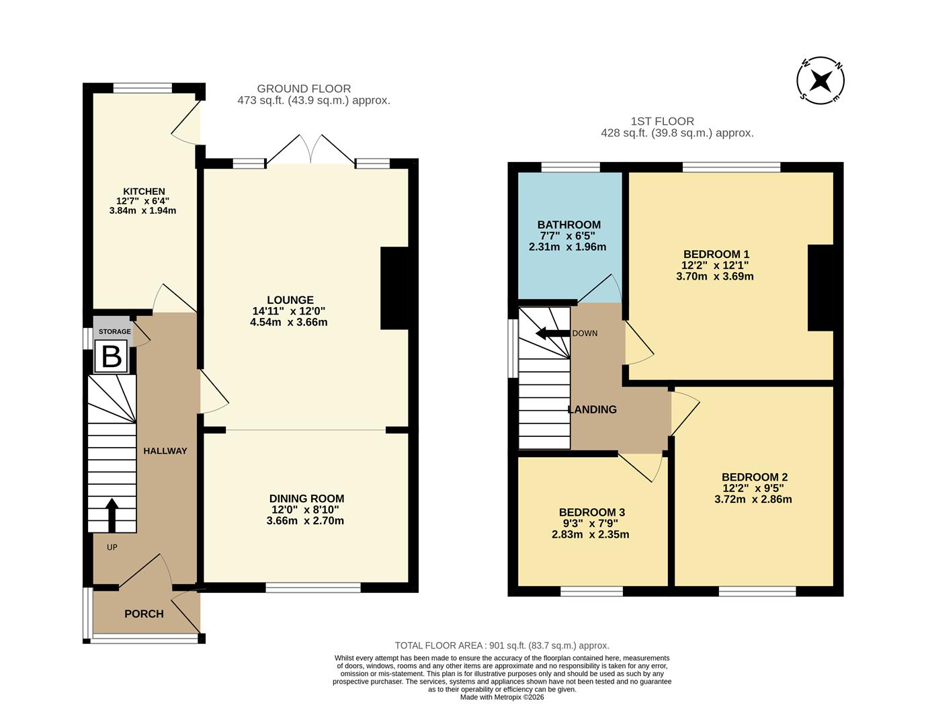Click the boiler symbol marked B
[x=111, y=356]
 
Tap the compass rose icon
[x=820, y=81]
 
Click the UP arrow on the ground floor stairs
[x=112, y=515]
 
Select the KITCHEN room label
[x=144, y=192]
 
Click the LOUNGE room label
[x=290, y=300]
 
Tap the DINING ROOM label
[x=306, y=498]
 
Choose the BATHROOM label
[x=569, y=225]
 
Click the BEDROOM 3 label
[x=591, y=512]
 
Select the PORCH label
[x=144, y=613]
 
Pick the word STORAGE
[x=115, y=331]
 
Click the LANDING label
[x=592, y=409]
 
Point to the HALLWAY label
[x=165, y=450]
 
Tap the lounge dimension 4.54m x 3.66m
[x=288, y=322]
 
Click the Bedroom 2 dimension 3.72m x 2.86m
[x=753, y=499]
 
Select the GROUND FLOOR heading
[x=304, y=89]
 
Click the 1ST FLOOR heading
[x=662, y=122]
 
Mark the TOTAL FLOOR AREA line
[x=501, y=645]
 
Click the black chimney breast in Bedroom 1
[x=820, y=288]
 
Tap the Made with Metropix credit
[x=501, y=697]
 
